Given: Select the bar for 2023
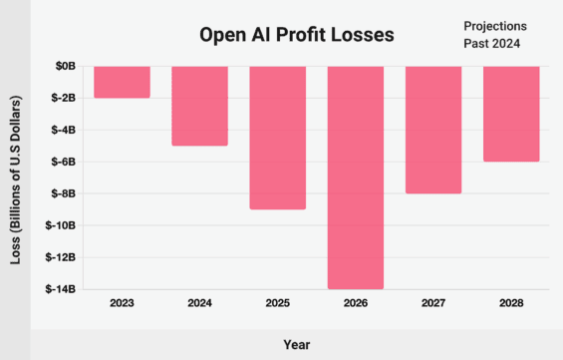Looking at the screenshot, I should pos(122,82).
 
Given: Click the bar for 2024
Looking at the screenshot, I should pos(199,106).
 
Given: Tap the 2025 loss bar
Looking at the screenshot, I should pos(277,138).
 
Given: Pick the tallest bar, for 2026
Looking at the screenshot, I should pos(355,178).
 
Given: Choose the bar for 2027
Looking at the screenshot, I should pos(433,130).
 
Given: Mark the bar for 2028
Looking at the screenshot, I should pos(511,114).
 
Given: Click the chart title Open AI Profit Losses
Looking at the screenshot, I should pos(296,35).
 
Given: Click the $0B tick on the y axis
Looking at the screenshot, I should pos(66,66).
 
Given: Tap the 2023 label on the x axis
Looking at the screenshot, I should pos(122,303).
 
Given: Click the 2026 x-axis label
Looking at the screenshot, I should pos(355,303).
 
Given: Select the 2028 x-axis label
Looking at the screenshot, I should pos(511,303).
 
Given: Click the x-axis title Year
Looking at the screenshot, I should pos(296,343).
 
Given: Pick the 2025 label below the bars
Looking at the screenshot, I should pos(277,303).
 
